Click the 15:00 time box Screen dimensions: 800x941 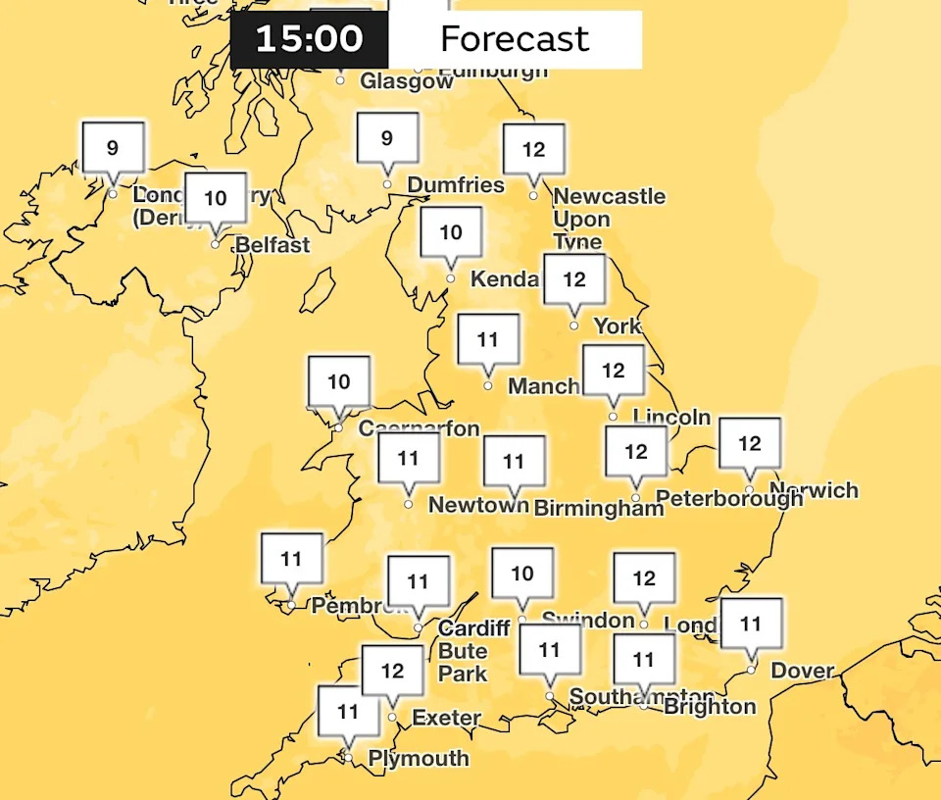point(309,39)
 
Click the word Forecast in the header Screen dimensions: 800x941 point(515,39)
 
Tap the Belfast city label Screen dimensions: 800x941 point(272,245)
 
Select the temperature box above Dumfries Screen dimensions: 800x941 point(387,139)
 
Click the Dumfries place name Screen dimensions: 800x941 point(456,185)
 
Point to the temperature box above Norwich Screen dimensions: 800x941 point(750,444)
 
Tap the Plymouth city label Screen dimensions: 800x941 point(419,759)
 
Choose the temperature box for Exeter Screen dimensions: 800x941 point(392,672)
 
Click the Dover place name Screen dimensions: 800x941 point(803,673)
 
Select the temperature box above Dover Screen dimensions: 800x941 point(751,624)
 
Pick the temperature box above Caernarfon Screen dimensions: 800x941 point(339,382)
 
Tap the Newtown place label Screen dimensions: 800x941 point(478,506)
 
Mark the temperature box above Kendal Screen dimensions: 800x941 point(451,233)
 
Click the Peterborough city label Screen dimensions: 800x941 point(729,499)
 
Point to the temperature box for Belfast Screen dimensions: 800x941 point(216,199)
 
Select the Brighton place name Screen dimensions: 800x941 point(710,707)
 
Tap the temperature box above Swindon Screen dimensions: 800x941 point(522,574)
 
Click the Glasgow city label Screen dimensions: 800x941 point(407,81)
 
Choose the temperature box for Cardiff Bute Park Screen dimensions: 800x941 point(419,582)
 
